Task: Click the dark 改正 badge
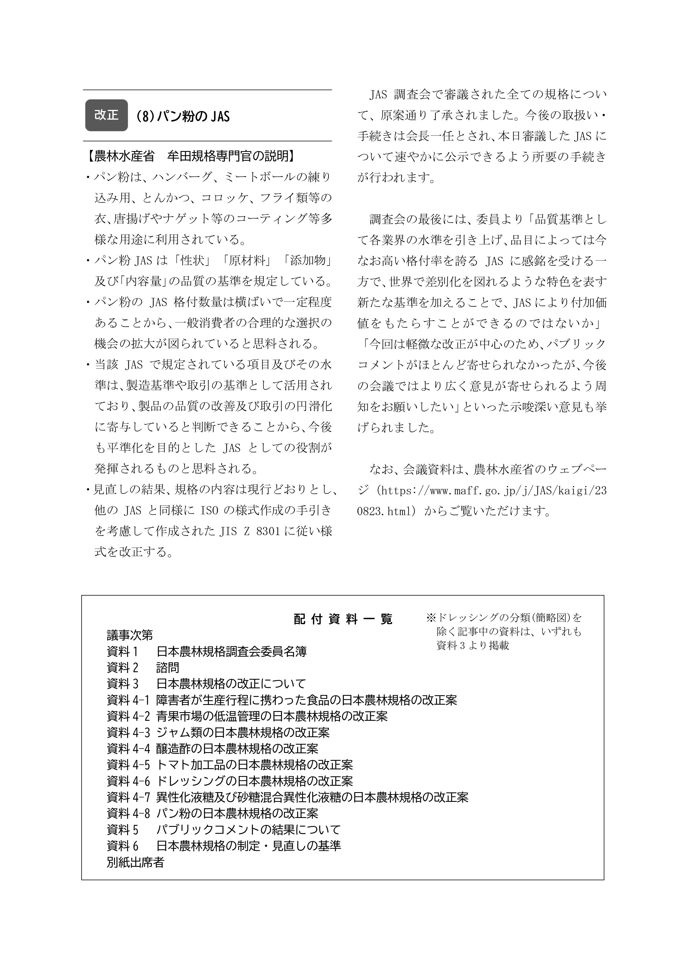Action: pos(106,115)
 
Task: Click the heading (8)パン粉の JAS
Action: pos(183,116)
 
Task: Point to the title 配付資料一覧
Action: pos(343,619)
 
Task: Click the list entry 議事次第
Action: pos(130,635)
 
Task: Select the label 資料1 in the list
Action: pos(123,651)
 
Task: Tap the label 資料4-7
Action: pos(129,797)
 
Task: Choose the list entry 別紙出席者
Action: pos(135,862)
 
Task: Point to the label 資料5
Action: pos(123,830)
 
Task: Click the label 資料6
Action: pos(123,846)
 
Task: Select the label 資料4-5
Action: pos(129,765)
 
